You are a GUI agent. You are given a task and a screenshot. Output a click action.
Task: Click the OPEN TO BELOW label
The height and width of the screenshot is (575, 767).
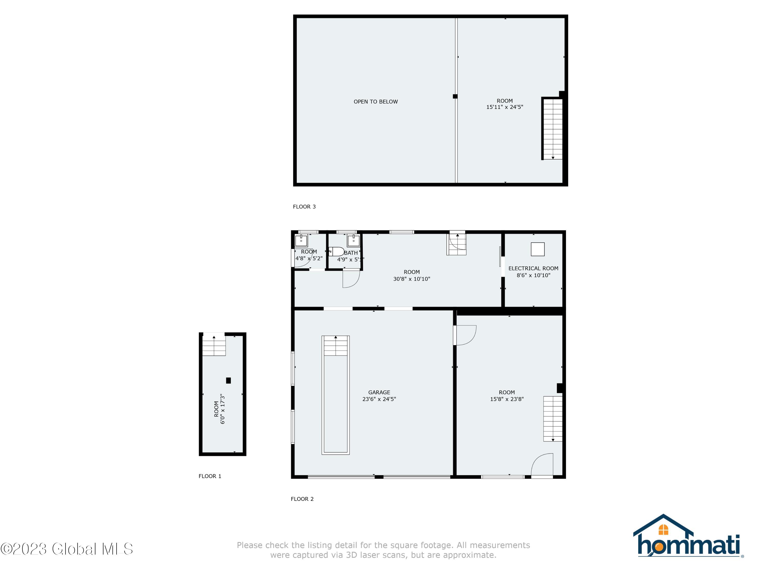376,102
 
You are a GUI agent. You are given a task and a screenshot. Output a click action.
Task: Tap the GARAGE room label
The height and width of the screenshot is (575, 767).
379,392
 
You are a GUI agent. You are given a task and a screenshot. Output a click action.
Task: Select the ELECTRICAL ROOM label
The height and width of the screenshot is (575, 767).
533,268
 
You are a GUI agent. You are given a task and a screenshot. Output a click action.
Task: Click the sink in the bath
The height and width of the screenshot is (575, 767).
353,240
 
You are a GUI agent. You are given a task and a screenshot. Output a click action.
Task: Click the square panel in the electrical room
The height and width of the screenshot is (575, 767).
537,249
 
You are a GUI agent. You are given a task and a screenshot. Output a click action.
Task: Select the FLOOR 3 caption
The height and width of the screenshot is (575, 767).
304,207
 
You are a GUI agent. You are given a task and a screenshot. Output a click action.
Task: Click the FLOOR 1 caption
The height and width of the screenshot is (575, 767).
210,476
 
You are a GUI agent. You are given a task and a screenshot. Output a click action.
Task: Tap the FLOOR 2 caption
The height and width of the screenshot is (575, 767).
302,499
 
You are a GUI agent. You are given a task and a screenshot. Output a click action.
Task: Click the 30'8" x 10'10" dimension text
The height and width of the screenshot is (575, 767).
412,279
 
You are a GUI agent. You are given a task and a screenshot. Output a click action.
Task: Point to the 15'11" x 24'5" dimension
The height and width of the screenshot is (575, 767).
504,107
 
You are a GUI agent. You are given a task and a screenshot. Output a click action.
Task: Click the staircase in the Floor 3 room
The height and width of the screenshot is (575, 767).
552,128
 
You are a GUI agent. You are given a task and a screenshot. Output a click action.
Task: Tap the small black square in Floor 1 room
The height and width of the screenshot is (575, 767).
228,380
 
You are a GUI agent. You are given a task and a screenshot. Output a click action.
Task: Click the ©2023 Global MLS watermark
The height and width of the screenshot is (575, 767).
66,549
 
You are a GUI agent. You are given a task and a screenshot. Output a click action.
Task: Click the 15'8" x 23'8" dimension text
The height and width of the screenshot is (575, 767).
506,399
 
